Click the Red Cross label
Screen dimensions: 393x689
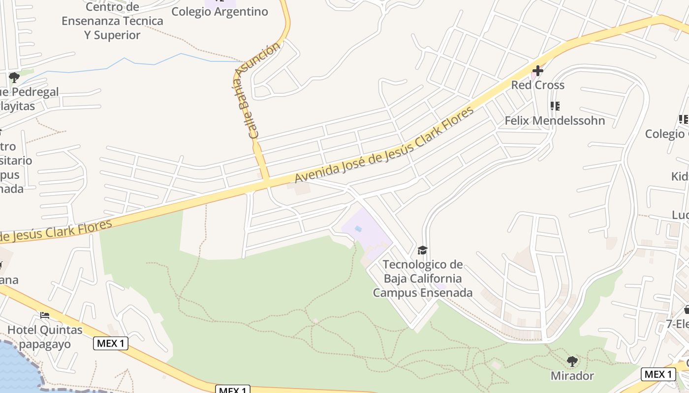click(x=537, y=85)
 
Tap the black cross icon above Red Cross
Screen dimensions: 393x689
click(x=537, y=71)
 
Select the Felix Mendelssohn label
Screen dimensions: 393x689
click(x=555, y=120)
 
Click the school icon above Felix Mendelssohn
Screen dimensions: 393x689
click(x=555, y=106)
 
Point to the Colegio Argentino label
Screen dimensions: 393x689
click(x=219, y=12)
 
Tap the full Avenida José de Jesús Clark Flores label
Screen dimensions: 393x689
click(x=384, y=144)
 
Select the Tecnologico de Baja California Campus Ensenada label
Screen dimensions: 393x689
click(x=423, y=279)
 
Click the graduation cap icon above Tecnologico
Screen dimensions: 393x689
click(x=422, y=251)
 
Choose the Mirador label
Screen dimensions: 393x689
click(x=572, y=376)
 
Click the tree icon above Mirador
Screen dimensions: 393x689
click(x=572, y=362)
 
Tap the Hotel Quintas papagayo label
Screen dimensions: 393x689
click(x=45, y=337)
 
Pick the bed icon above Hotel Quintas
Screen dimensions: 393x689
click(x=45, y=315)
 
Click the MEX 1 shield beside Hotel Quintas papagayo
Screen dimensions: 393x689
click(x=111, y=343)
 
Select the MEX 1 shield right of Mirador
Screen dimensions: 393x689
click(x=658, y=374)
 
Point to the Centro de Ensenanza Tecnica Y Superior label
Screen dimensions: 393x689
click(x=112, y=21)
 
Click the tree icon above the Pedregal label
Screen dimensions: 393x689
click(x=14, y=77)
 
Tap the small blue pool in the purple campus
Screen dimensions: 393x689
click(x=358, y=229)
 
